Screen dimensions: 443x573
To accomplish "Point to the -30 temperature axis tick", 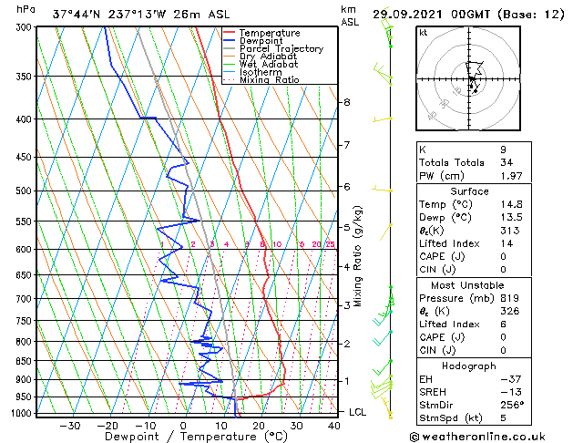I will pos(69,425).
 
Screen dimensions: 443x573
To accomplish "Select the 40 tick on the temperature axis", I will pos(334,425).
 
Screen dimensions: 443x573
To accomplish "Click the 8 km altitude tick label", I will pos(346,102).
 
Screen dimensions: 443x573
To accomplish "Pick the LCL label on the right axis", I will pos(359,412).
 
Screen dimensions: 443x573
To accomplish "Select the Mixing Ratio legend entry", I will pos(269,80).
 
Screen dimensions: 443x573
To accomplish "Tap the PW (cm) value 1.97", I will pos(507,176).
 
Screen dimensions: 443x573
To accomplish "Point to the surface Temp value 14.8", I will pos(506,204).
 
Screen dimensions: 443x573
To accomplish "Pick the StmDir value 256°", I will pos(509,405).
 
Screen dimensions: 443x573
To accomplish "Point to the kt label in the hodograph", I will pos(424,32).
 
